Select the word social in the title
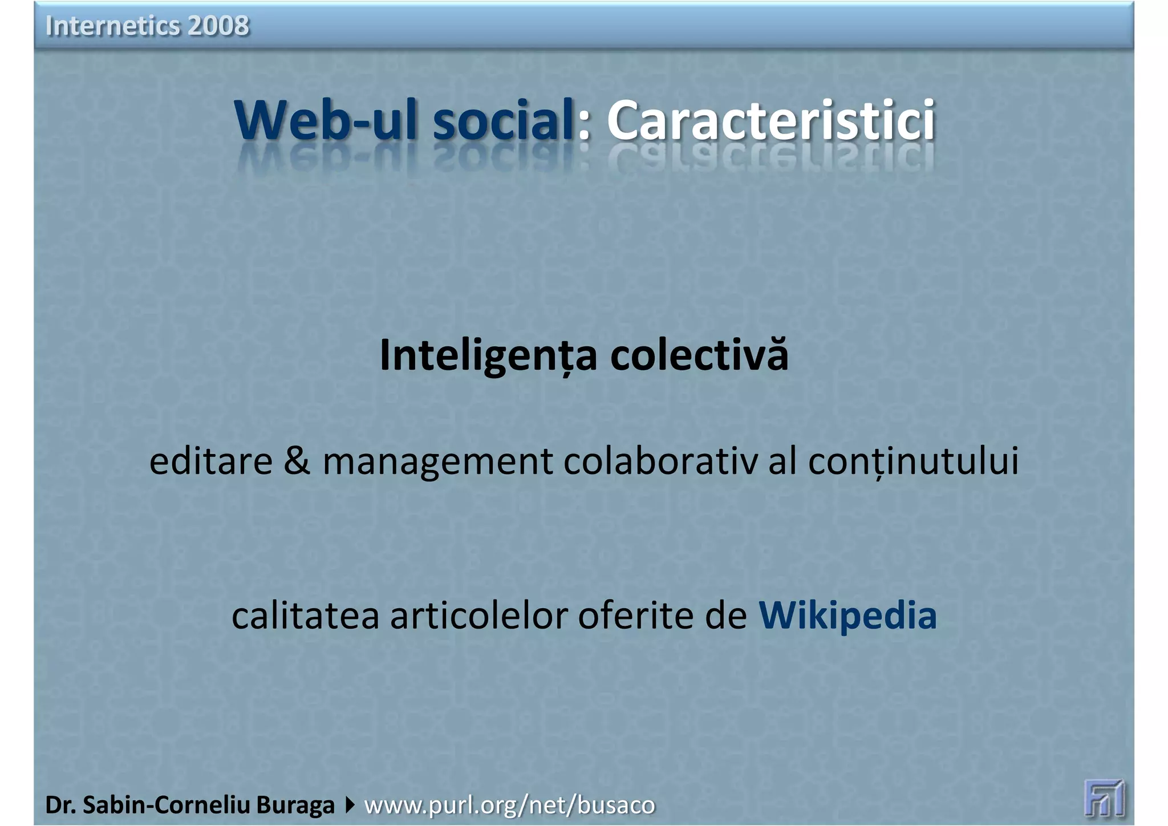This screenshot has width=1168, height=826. coord(502,120)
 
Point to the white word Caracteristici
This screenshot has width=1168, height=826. coord(770,120)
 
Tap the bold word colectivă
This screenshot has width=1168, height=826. coord(699,355)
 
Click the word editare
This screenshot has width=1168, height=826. coord(210,461)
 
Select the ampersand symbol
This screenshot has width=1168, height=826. coord(297,461)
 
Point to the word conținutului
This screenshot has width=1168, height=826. coord(913,461)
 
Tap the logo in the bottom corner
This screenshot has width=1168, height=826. coord(1104,797)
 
